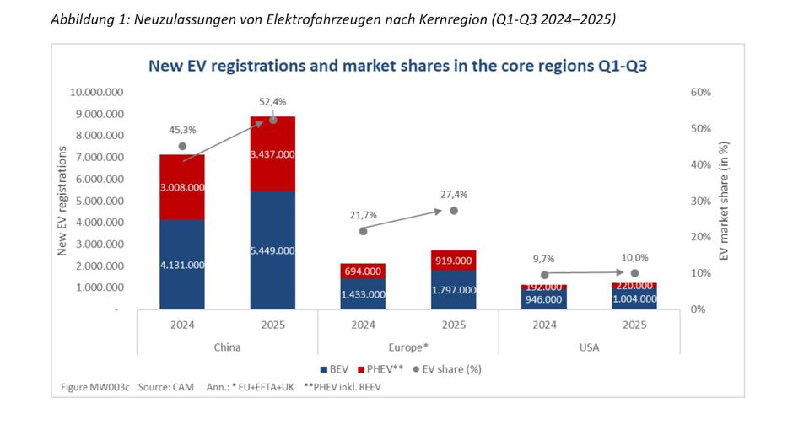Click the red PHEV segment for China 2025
272,154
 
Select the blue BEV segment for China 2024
181,264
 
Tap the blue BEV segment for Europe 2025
453,289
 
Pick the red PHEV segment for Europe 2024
363,271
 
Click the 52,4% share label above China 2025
272,102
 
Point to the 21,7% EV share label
363,215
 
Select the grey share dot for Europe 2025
453,211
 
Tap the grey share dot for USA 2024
544,275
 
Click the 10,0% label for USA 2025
634,257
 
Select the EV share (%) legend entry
450,368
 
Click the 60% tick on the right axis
701,92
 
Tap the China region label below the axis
227,346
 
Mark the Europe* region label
408,346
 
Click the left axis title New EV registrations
62,200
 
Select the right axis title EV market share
723,200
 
